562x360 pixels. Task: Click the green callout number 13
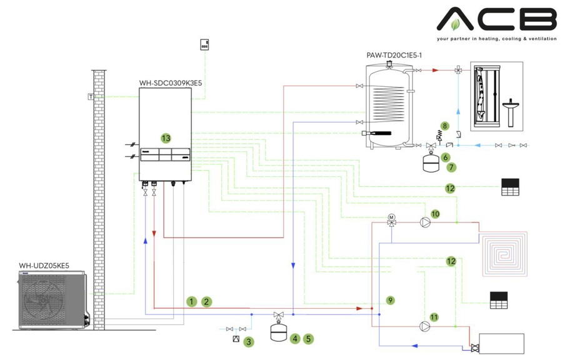(165, 137)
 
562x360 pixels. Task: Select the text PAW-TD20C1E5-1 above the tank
(394, 56)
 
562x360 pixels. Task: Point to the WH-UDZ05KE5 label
(44, 266)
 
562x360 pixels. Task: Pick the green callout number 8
(445, 126)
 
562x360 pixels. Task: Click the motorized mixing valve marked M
(392, 219)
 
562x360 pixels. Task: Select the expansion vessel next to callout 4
(277, 332)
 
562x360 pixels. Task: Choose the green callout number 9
(391, 301)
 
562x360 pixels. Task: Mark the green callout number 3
(249, 342)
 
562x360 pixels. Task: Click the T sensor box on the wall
(91, 97)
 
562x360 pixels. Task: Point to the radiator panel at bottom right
(502, 343)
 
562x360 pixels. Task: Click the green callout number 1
(191, 302)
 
